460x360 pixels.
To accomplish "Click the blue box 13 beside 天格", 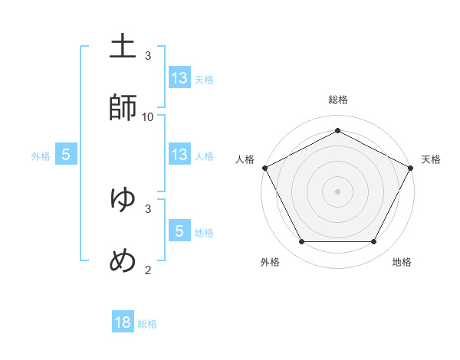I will click(179, 77).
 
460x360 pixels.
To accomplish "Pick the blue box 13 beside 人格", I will click(179, 155).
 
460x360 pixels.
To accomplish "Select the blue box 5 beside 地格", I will click(179, 231).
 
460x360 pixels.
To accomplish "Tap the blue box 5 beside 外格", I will click(66, 155).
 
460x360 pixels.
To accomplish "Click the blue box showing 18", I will click(123, 322).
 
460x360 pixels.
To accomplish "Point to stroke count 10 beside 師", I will click(148, 117).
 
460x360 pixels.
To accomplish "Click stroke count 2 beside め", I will click(148, 270).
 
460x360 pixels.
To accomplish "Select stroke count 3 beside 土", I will click(148, 56).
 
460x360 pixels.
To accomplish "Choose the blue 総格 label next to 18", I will click(147, 324).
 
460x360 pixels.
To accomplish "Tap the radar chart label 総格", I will click(337, 100).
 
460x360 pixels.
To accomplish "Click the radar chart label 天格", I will click(431, 159).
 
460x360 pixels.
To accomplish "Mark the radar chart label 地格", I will click(402, 262).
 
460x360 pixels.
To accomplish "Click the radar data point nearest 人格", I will click(264, 167).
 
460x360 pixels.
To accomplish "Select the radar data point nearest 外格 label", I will click(301, 242).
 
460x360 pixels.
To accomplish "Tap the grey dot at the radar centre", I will click(337, 191).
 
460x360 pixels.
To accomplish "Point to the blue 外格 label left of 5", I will click(41, 155).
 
